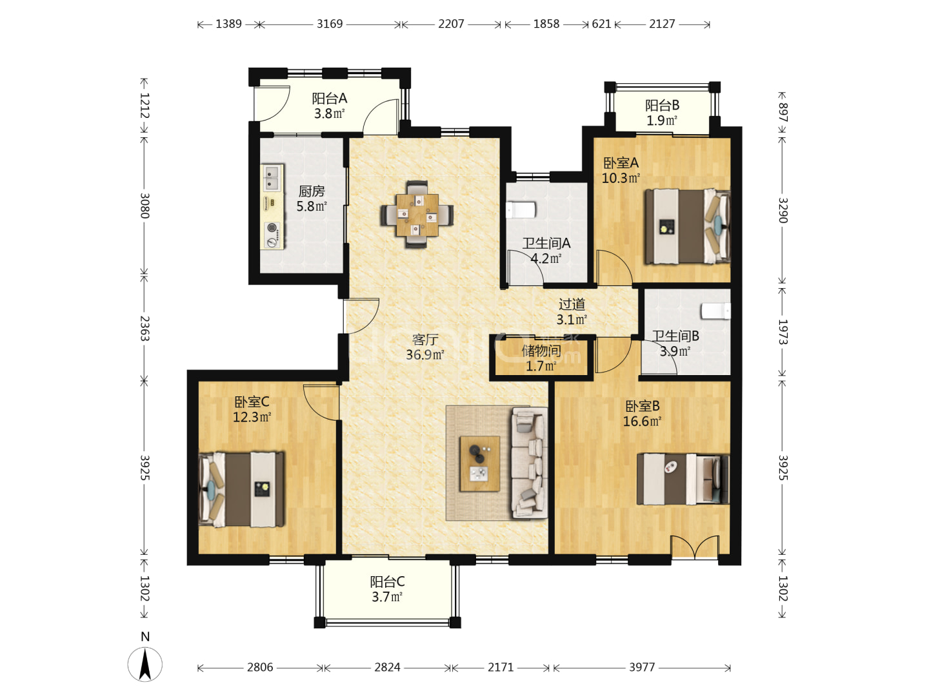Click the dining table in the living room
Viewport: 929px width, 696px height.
pos(417,215)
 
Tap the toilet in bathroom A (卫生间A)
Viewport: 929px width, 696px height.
pos(521,209)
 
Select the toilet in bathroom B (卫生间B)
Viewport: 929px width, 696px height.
pos(715,311)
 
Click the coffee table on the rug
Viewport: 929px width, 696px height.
pos(479,463)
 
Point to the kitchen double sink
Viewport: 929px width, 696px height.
pos(272,178)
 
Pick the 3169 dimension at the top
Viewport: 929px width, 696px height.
pos(330,24)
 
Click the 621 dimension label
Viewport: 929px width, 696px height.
pos(601,24)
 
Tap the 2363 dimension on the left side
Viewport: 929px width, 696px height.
pos(145,329)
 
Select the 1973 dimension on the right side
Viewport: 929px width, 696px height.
pos(783,332)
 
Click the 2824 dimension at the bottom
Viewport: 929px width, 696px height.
pos(387,667)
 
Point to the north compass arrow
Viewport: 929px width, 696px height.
pos(145,664)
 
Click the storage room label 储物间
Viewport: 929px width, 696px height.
pos(541,351)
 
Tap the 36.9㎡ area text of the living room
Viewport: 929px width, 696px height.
pos(425,354)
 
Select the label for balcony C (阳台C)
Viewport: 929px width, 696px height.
pos(387,582)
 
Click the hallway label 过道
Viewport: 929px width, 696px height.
pos(572,304)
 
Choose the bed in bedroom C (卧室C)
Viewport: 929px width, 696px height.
pos(241,489)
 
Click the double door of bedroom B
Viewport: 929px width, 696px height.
pos(695,548)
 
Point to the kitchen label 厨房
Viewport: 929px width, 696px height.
pos(312,191)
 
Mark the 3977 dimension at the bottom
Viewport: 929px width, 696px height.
pos(642,667)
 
